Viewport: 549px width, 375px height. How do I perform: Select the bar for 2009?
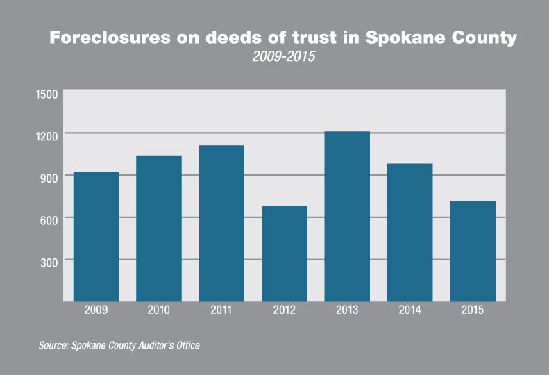[96, 236]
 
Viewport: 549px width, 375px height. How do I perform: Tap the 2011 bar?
[221, 223]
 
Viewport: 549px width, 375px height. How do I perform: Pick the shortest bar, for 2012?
[284, 253]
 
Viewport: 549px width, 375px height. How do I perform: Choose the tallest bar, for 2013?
[346, 216]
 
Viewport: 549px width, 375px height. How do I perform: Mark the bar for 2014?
[409, 232]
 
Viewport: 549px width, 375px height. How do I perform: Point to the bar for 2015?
[472, 251]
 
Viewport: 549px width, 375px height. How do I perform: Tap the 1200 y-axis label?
[47, 133]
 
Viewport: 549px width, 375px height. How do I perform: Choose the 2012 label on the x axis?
[284, 310]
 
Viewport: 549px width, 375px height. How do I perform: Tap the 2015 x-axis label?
[472, 310]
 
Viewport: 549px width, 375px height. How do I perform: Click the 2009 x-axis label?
[96, 310]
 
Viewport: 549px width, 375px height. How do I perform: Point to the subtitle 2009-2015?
[283, 57]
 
